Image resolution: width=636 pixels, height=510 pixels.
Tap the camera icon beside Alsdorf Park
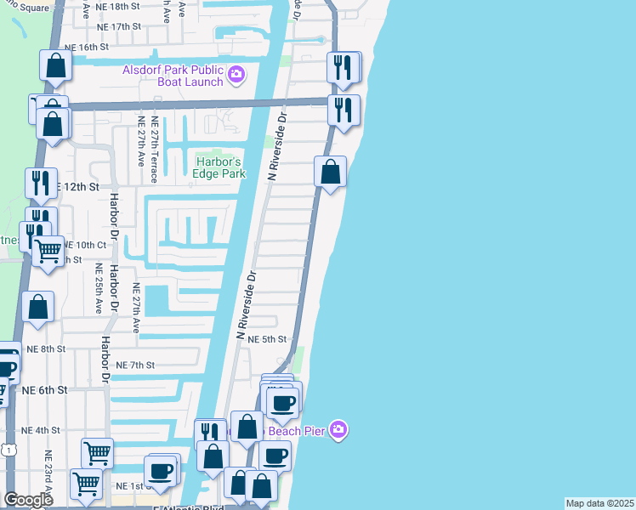(x=237, y=76)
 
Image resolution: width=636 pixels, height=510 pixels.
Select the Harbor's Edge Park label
(x=220, y=167)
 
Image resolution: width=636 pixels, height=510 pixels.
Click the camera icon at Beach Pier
(x=338, y=430)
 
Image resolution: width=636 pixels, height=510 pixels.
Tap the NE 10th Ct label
(x=85, y=244)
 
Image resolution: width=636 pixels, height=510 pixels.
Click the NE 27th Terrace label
(x=154, y=150)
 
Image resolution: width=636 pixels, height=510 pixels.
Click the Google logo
(x=28, y=500)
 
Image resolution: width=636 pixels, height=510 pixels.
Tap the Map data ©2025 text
(x=599, y=503)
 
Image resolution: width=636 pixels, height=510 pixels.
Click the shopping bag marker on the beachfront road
(x=330, y=171)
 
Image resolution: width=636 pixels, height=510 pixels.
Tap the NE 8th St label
(x=46, y=348)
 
